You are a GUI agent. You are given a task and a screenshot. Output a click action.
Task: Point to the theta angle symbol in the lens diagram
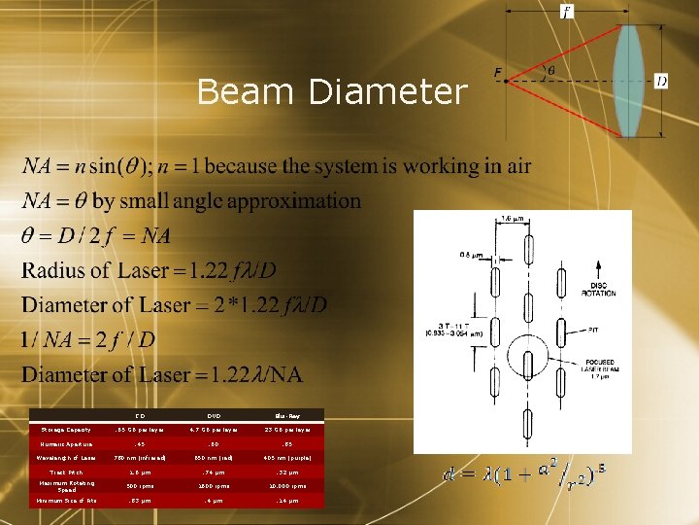pos(551,70)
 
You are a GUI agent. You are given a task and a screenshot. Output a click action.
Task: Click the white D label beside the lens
pos(661,82)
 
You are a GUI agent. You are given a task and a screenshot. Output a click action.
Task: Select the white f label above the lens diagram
pos(566,13)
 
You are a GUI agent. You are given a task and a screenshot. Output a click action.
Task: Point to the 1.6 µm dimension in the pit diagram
pos(512,219)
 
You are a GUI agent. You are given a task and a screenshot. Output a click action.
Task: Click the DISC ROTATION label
pos(597,289)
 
